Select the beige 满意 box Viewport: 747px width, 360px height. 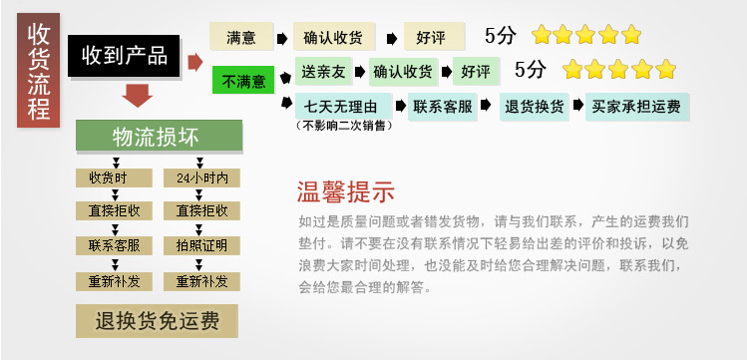click(240, 38)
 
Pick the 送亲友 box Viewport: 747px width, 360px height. click(326, 71)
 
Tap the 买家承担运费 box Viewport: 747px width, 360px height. click(635, 106)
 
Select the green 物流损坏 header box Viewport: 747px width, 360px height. click(159, 135)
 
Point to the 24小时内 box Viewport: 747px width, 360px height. click(201, 179)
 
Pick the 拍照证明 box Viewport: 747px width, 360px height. click(201, 245)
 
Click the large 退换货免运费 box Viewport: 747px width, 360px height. click(159, 321)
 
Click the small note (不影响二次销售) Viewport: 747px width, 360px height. click(340, 126)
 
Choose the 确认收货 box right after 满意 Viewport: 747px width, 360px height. click(333, 38)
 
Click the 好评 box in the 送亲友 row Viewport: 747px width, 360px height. click(476, 71)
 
